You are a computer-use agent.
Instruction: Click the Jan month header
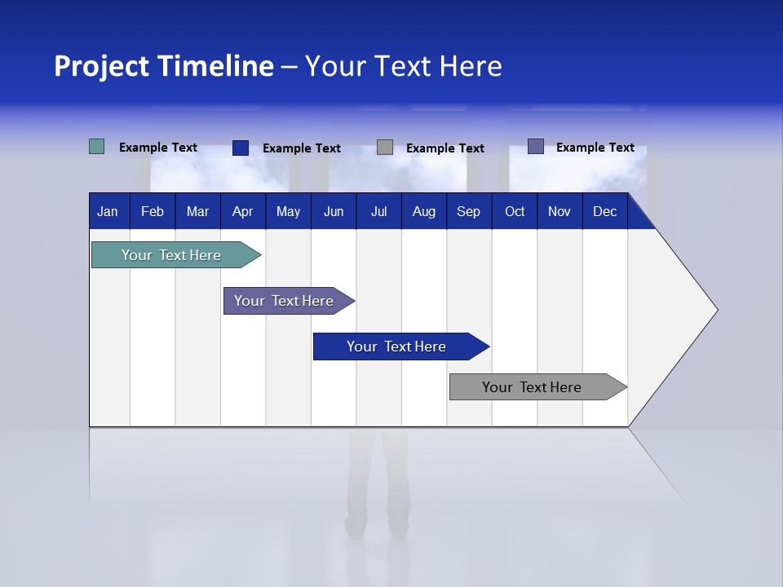[108, 212]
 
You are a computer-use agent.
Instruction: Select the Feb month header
[153, 212]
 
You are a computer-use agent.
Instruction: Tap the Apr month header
[243, 212]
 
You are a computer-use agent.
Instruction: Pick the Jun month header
[334, 212]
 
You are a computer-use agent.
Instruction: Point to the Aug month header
[423, 212]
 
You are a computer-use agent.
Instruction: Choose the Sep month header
[468, 212]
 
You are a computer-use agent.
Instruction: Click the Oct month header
[515, 212]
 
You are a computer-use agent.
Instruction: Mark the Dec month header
[604, 212]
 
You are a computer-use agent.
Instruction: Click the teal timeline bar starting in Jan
[171, 255]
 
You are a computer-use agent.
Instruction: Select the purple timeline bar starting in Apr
[284, 301]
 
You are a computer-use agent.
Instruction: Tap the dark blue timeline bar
[396, 346]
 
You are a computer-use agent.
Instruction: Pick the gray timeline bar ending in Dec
[532, 387]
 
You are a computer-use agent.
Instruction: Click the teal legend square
[97, 147]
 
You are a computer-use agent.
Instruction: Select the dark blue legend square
[241, 148]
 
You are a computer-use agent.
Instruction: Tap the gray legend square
[385, 148]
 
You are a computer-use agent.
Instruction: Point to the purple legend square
[536, 147]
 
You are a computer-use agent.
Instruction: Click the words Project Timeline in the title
[163, 66]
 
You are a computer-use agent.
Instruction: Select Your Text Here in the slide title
[403, 66]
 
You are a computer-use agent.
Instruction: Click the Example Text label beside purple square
[595, 148]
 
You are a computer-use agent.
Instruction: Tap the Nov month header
[560, 212]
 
